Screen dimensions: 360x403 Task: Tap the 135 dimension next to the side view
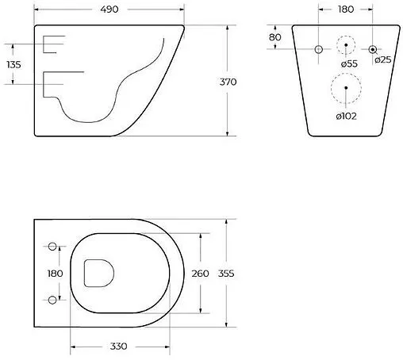point(13,64)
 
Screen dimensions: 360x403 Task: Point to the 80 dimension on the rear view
point(275,37)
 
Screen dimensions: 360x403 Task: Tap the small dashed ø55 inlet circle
point(346,47)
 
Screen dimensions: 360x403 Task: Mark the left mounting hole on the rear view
point(319,49)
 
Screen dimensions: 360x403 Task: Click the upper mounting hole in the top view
point(53,245)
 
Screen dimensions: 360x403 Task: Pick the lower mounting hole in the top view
point(53,299)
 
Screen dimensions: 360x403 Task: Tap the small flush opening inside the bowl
point(98,273)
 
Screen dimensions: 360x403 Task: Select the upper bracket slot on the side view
point(52,44)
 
